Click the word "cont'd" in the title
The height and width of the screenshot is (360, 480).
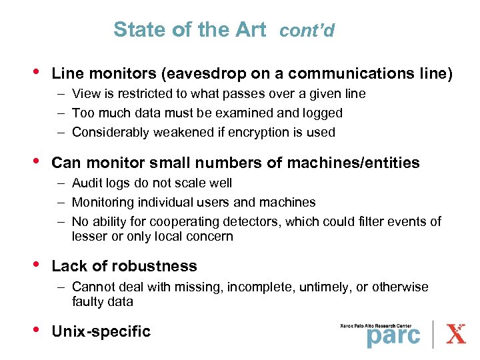[307, 31]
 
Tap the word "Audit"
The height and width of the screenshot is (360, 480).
[87, 183]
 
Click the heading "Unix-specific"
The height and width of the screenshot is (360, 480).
[101, 331]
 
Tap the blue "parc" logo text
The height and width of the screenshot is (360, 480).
[393, 335]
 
